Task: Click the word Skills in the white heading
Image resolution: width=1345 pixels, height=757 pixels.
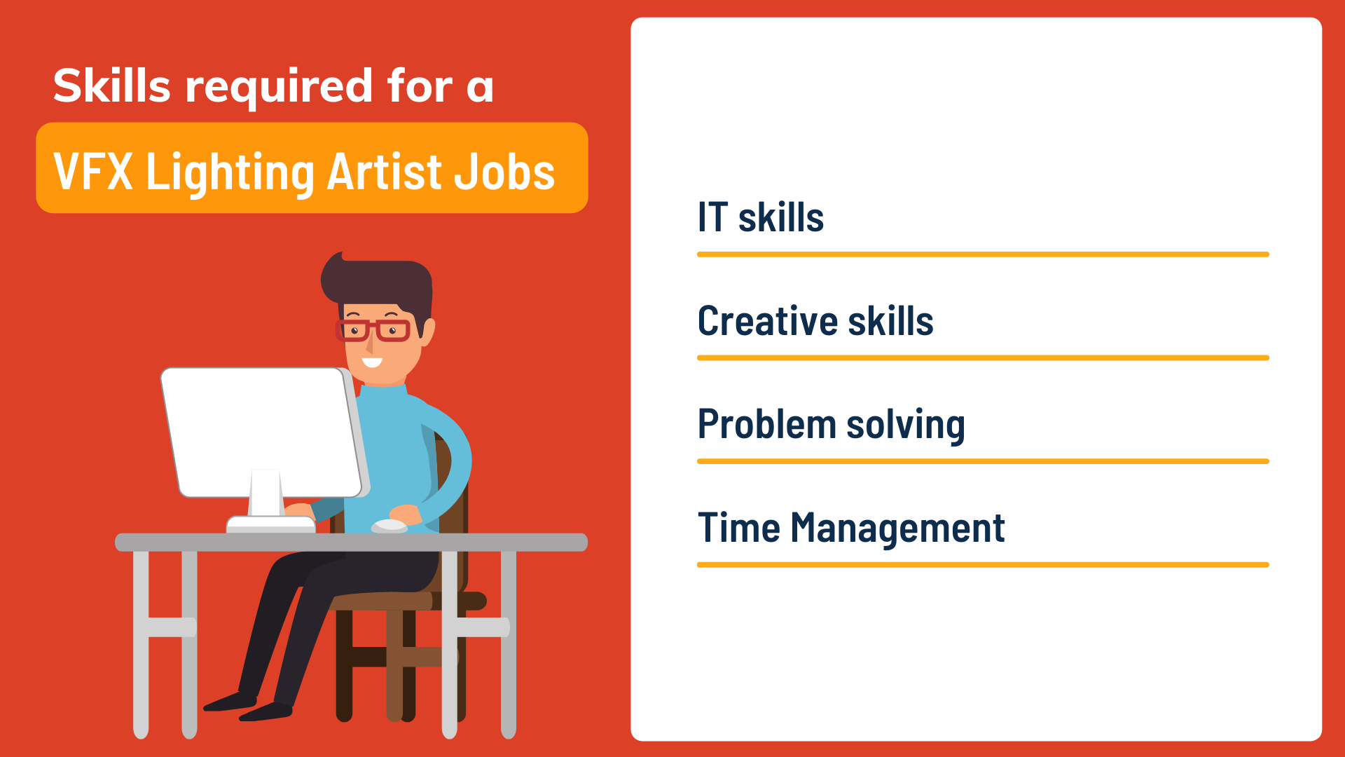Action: tap(112, 86)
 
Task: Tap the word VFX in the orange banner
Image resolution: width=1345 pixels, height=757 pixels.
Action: tap(93, 171)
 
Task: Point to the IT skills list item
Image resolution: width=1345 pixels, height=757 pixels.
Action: tap(761, 217)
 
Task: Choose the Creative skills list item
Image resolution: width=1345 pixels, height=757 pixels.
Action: tap(815, 321)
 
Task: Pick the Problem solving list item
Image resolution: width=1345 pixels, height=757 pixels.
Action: tap(832, 425)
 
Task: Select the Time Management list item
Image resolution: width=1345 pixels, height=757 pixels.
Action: tap(851, 528)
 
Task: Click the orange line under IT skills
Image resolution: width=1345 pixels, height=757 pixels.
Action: tap(983, 254)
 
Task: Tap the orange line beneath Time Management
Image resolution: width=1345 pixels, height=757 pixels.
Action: tap(983, 564)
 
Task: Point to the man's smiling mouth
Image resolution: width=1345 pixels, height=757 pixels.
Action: tap(372, 362)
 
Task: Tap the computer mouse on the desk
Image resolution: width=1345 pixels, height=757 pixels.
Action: tap(389, 526)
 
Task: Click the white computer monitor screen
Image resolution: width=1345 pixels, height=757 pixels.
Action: tap(262, 432)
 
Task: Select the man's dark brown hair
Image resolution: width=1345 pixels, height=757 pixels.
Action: tap(378, 287)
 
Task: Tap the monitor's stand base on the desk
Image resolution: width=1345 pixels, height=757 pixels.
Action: tap(271, 524)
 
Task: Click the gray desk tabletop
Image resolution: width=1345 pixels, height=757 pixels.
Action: tap(351, 542)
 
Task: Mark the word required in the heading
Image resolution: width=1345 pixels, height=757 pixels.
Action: tap(279, 87)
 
